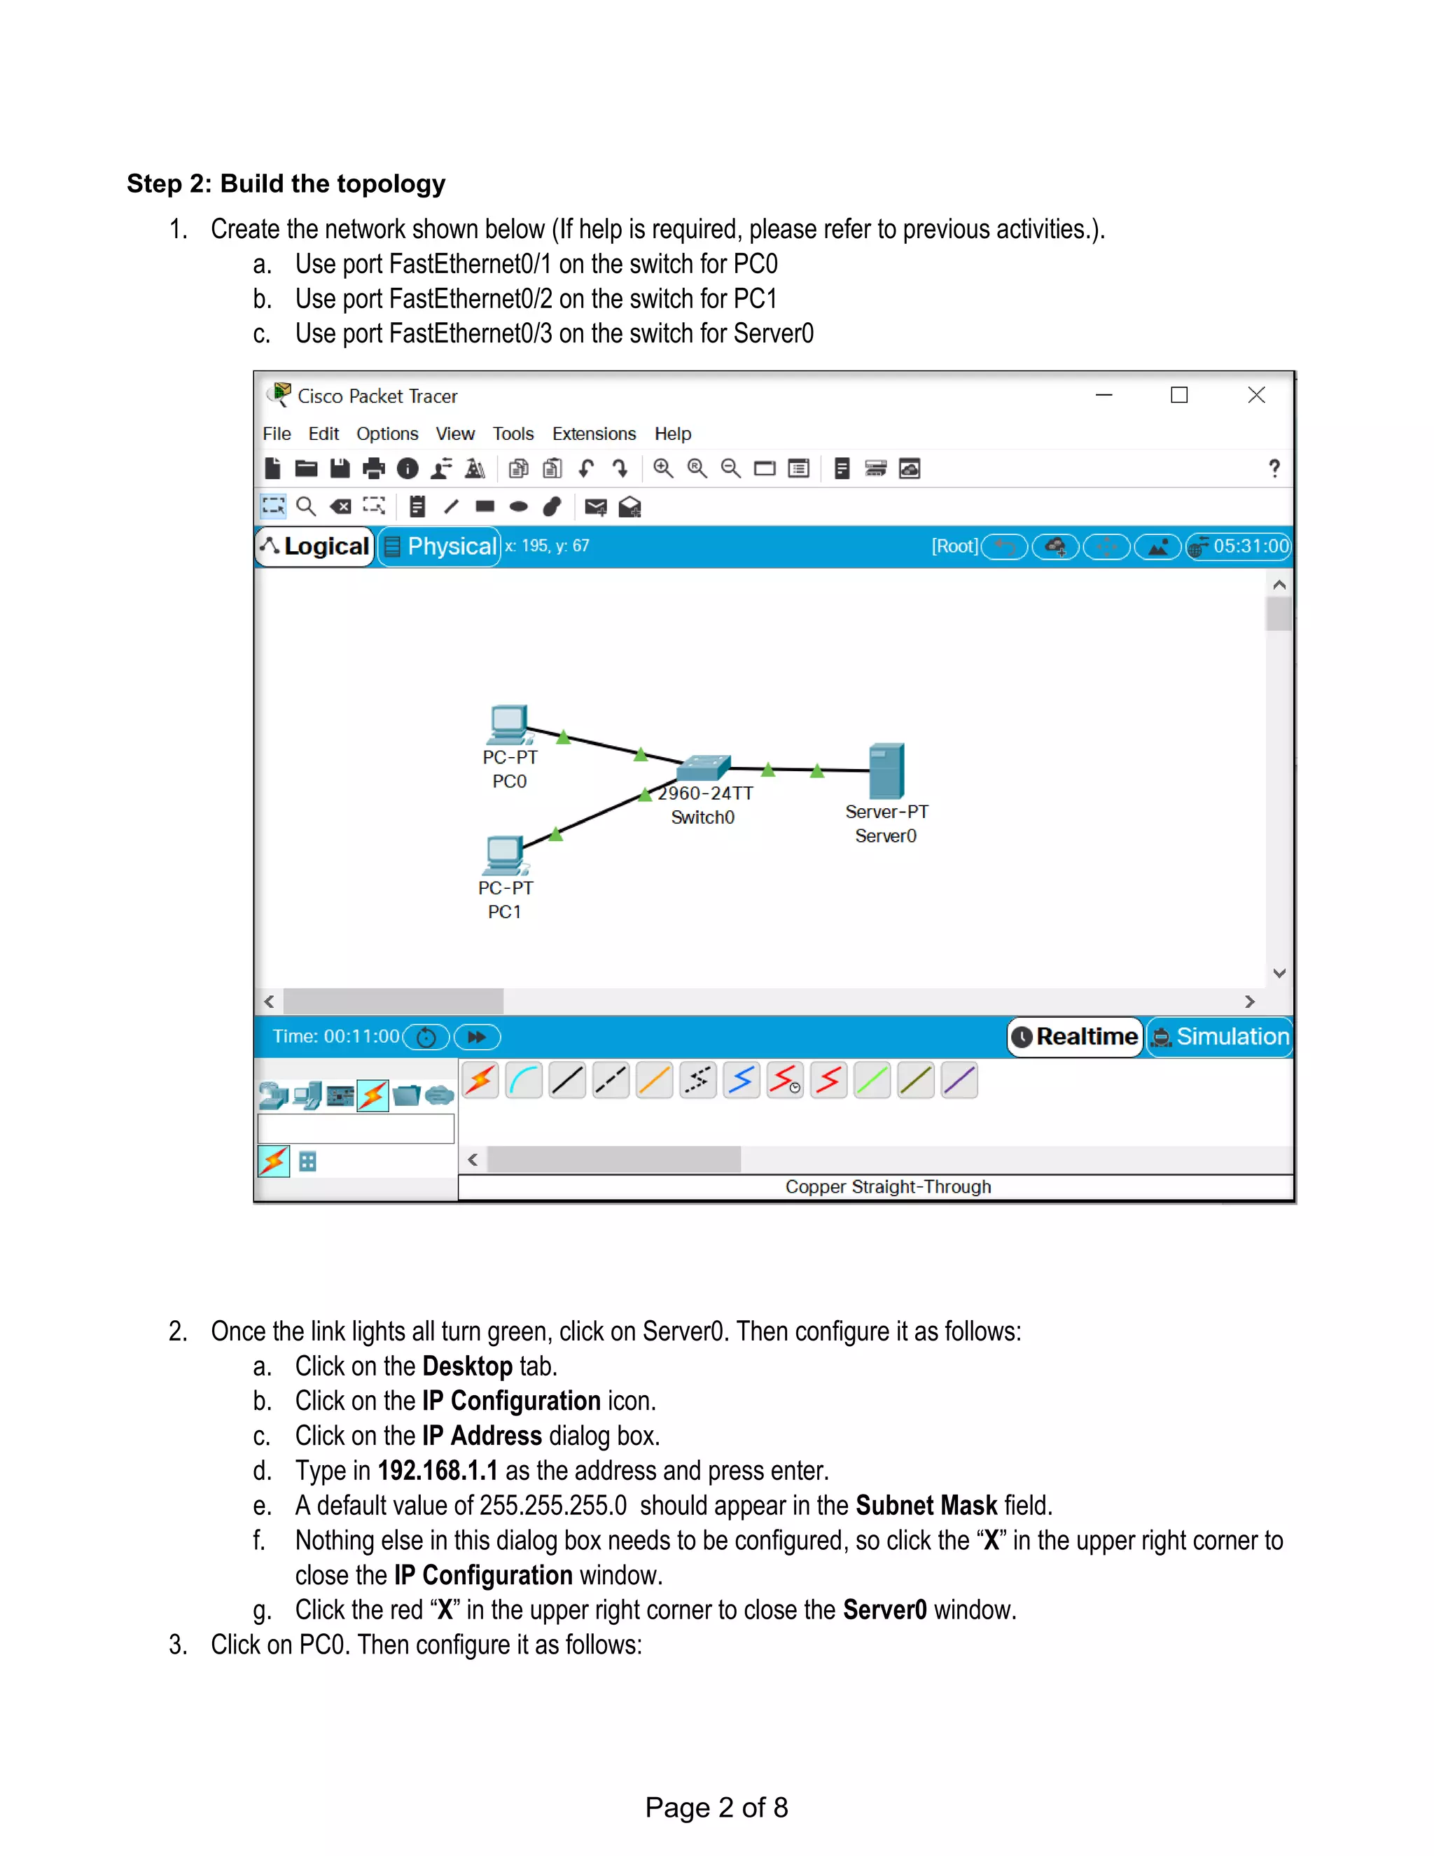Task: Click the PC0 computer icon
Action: tap(509, 725)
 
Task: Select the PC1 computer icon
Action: tap(505, 855)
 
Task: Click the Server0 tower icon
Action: tap(886, 771)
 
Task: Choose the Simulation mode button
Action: tap(1220, 1037)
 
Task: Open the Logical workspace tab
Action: tap(316, 546)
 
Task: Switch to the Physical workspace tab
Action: tap(440, 546)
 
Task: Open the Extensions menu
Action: tap(594, 434)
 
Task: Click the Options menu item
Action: tap(387, 434)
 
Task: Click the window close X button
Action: tap(1256, 395)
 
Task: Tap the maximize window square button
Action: tap(1179, 395)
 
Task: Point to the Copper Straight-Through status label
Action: tap(888, 1186)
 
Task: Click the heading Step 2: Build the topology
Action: tap(286, 183)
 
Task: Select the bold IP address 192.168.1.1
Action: tap(438, 1470)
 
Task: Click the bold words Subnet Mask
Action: tap(926, 1505)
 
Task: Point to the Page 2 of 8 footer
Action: tap(716, 1807)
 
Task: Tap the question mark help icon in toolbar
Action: tap(1274, 469)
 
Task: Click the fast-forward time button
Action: tap(477, 1037)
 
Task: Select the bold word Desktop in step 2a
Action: tap(467, 1366)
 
